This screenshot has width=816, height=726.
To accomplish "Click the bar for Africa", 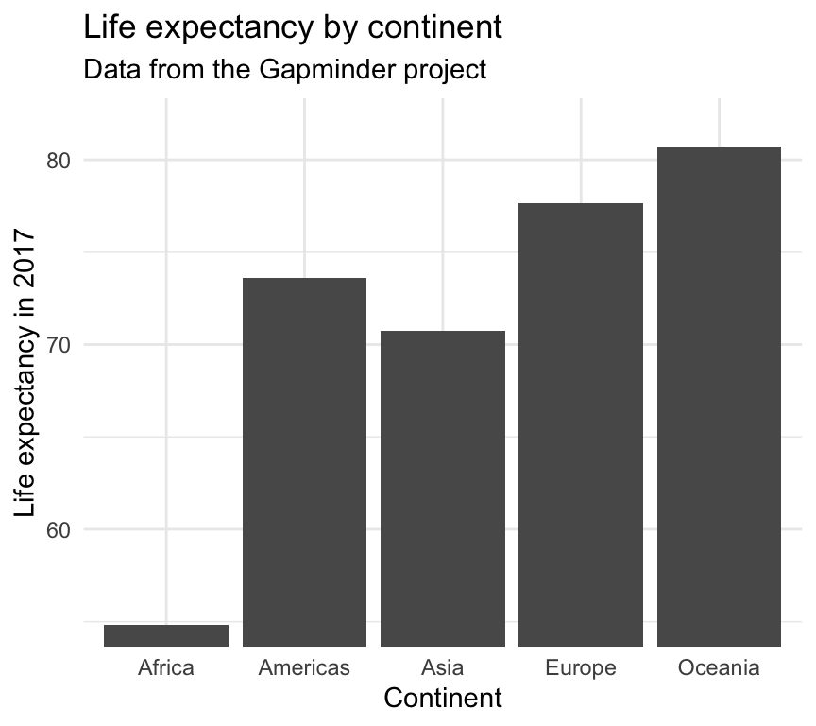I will (166, 635).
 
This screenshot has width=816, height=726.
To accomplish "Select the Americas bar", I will (304, 462).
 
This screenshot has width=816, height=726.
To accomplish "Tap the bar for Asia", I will (443, 489).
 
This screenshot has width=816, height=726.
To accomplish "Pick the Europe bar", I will (581, 424).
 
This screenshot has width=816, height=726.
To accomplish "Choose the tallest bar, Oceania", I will (719, 396).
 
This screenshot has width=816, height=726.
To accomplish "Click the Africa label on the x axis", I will (166, 667).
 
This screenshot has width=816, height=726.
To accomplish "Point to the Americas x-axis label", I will (304, 667).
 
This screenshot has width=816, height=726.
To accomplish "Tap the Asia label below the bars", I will (443, 667).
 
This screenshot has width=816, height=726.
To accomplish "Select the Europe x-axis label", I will (581, 667).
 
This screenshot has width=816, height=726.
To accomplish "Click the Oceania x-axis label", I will (719, 667).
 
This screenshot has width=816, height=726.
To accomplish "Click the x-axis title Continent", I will (443, 699).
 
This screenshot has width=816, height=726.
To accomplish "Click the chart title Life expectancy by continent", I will (293, 27).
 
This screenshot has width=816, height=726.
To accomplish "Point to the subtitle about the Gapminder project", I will (285, 69).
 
